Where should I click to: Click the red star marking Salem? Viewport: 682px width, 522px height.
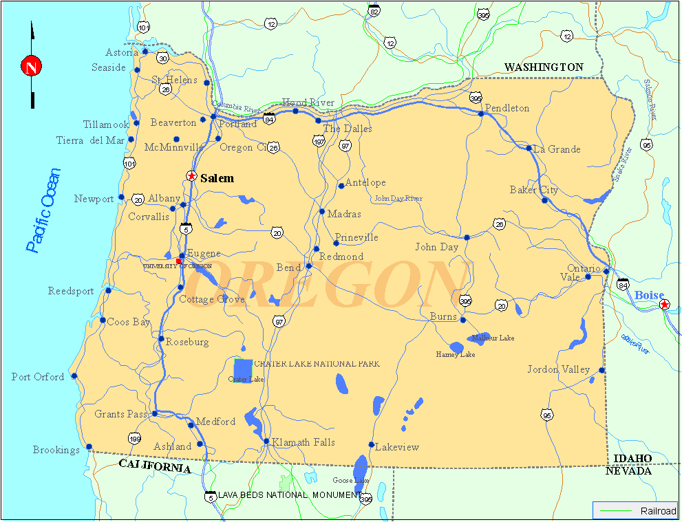pos(191,176)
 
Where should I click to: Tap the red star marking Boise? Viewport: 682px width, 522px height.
pos(664,304)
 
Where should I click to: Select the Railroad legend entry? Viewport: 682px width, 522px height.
pos(634,510)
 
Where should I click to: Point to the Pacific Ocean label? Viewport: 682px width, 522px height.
pos(43,210)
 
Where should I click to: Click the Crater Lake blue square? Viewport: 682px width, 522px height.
pos(243,370)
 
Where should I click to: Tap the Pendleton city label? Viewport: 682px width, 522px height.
pos(507,108)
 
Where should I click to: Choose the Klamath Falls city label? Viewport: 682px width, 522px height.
pos(303,442)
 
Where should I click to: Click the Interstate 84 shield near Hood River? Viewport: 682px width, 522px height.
pos(270,120)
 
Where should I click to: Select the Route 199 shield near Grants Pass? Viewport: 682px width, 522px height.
pos(134,438)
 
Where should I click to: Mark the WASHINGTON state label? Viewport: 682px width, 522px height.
pos(544,67)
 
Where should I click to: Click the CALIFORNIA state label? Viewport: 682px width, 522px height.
pos(155,466)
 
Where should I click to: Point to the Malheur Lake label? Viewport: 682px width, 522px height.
pos(493,338)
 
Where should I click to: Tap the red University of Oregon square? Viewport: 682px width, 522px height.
pos(178,261)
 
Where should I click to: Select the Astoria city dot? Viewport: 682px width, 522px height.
pos(145,52)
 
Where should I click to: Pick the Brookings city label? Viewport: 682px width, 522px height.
pos(56,450)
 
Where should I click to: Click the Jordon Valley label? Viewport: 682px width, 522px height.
pos(559,369)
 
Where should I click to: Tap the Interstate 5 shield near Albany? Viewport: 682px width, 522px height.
pos(186,228)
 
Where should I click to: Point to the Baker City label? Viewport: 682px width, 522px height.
pos(534,190)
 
